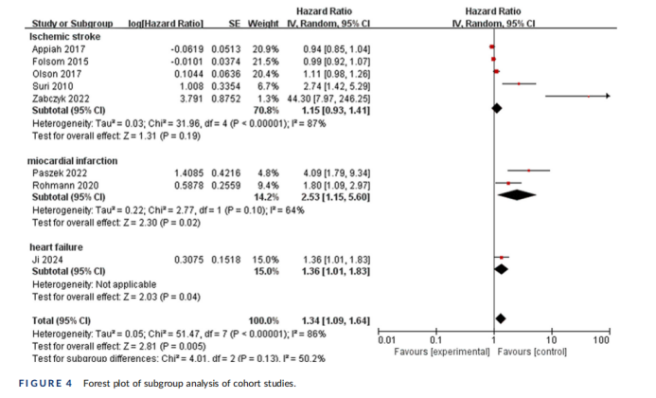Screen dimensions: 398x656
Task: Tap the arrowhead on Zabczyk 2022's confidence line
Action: [606, 96]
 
